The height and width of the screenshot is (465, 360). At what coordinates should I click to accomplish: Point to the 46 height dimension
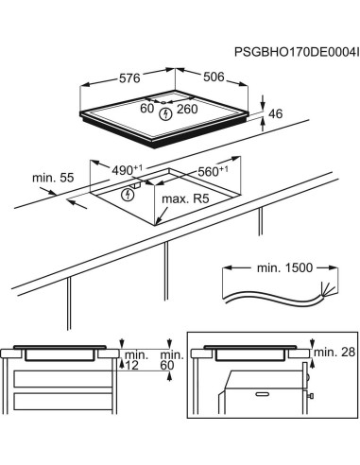pyautogui.click(x=276, y=113)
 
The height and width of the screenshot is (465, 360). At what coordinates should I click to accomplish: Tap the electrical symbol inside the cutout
pyautogui.click(x=129, y=195)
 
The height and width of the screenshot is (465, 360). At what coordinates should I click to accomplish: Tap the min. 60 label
pyautogui.click(x=168, y=359)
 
